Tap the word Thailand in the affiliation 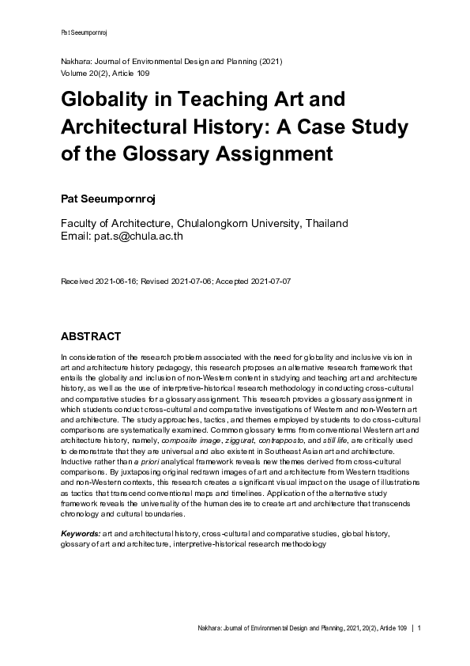click(319, 223)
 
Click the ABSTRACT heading click(91, 335)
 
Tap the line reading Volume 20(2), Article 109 click(110, 72)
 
